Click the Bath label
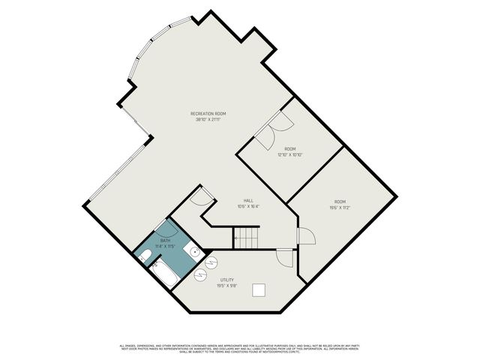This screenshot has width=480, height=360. click(x=164, y=240)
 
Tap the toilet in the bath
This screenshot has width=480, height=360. click(x=145, y=256)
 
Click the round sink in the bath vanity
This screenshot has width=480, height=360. click(x=193, y=253)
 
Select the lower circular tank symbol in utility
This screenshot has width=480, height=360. click(x=200, y=274)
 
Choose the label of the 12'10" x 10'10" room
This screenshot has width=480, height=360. click(x=289, y=148)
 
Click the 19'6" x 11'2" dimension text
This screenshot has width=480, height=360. click(x=340, y=207)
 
